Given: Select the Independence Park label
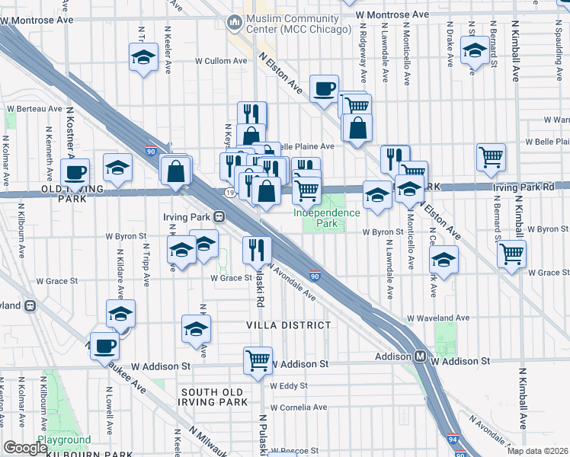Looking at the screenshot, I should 327,219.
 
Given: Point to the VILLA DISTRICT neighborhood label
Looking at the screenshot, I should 289,325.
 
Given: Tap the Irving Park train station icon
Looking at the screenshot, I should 218,216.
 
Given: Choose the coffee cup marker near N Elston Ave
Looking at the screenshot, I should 324,89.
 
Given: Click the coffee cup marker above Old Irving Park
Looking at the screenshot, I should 75,172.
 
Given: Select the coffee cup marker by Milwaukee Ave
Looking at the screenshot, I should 104,345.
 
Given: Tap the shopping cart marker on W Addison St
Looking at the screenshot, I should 258,360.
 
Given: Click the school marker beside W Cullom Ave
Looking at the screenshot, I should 142,58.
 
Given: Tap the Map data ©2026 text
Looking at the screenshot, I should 538,451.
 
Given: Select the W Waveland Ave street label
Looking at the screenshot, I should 438,318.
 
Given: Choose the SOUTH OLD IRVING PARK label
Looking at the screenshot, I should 214,397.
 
